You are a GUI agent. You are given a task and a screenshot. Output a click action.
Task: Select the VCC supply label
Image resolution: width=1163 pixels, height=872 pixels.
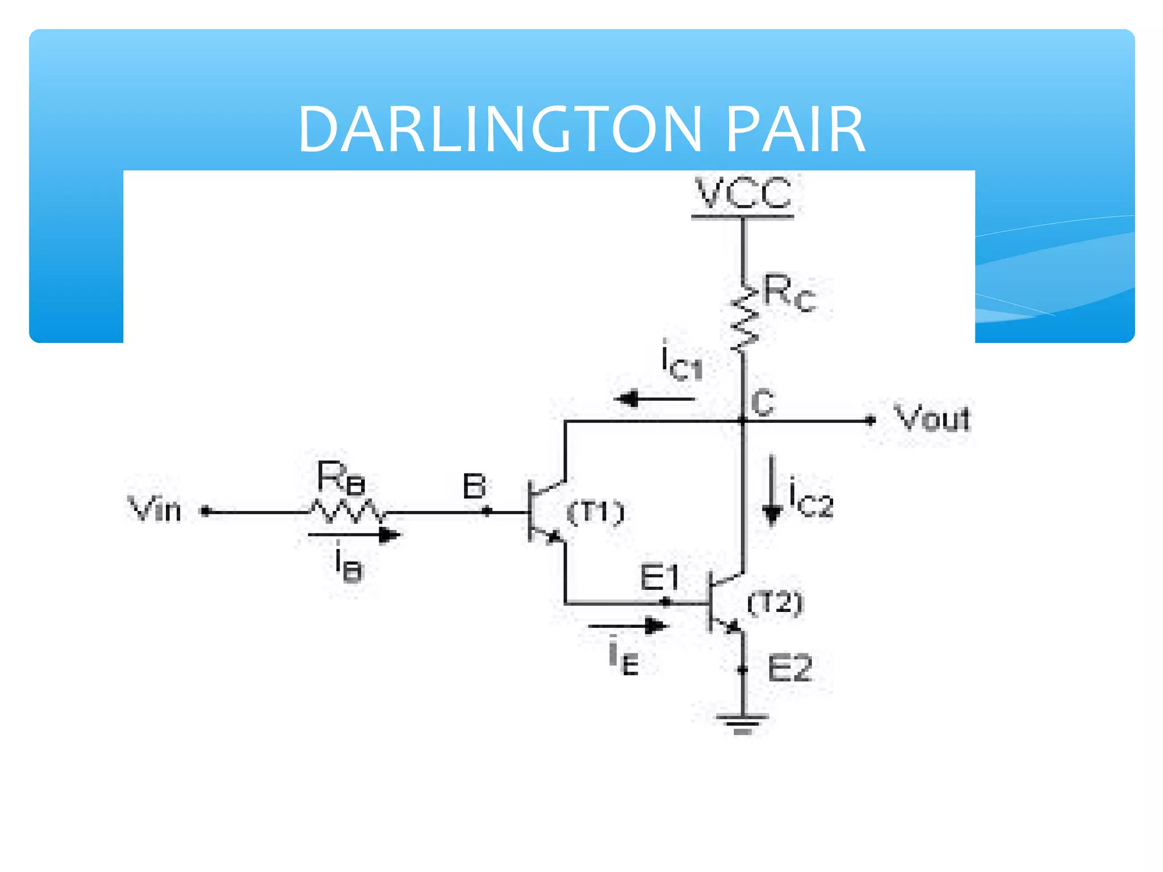tap(743, 193)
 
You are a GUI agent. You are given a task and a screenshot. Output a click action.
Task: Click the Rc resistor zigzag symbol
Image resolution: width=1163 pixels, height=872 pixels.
tap(743, 318)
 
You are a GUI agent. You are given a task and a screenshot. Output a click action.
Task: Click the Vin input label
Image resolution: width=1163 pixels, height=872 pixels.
tap(154, 509)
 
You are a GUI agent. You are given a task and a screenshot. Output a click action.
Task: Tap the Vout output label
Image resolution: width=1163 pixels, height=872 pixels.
tap(932, 419)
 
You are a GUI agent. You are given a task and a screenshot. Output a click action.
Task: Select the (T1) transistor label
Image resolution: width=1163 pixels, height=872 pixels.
tap(596, 513)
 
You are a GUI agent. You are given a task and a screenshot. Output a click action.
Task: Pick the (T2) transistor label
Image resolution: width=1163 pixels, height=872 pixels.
tap(775, 603)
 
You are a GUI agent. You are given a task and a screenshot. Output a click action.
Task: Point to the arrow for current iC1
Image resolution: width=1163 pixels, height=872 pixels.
tap(653, 399)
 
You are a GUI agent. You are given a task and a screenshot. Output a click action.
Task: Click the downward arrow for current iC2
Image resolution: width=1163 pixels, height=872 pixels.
tap(771, 492)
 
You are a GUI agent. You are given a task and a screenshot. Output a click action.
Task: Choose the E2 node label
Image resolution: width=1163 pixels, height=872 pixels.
tap(789, 668)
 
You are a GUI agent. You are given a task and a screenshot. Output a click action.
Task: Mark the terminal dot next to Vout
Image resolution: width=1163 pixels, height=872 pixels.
tap(870, 421)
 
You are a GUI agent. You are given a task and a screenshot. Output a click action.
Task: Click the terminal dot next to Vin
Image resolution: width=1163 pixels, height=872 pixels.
tap(206, 512)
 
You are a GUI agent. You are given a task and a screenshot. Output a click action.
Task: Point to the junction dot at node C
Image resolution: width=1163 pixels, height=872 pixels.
tap(743, 421)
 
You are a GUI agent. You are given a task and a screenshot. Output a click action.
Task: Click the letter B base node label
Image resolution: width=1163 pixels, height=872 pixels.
tap(474, 487)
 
